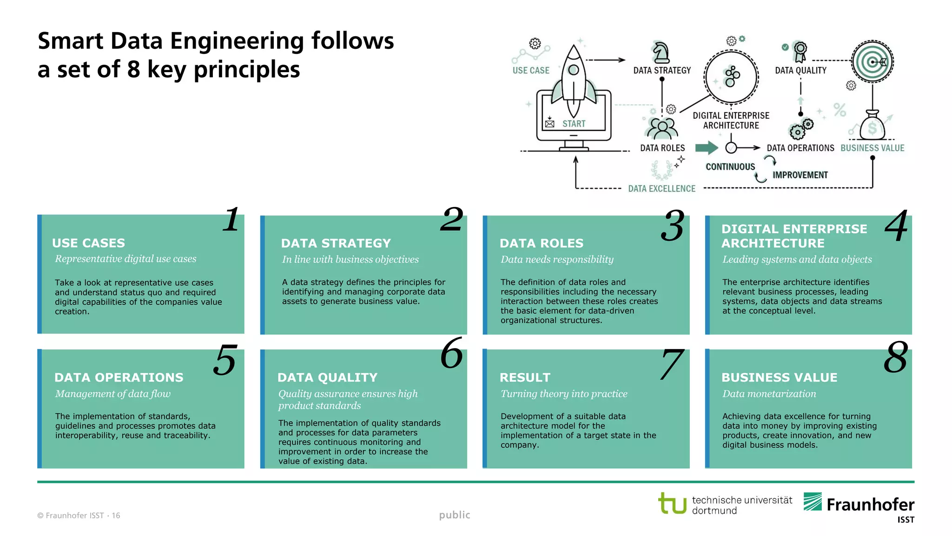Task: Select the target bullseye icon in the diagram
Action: point(873,61)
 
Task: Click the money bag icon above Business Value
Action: point(872,126)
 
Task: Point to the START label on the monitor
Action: point(574,124)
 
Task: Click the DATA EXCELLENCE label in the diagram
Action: point(661,188)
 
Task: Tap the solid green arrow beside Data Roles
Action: point(707,148)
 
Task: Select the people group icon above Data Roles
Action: point(662,128)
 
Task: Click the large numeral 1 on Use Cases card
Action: point(231,220)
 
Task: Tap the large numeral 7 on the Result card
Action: point(672,364)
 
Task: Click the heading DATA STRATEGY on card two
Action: point(336,243)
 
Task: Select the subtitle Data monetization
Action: point(769,394)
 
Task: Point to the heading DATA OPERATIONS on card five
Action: point(119,377)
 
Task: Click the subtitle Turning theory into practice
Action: point(564,394)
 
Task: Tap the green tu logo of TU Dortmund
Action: point(672,503)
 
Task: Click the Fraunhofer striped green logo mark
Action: point(813,502)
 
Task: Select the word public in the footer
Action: point(455,515)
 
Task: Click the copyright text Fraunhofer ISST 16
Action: point(79,516)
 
